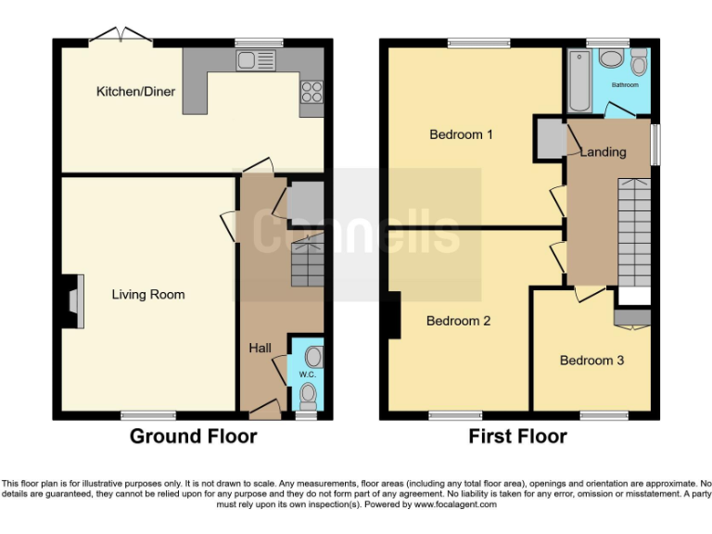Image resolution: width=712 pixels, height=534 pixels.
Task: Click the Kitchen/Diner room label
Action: pyautogui.click(x=135, y=92)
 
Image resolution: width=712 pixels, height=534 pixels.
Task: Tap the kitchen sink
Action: pyautogui.click(x=256, y=61)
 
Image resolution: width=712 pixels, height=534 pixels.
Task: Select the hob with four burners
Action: pyautogui.click(x=311, y=92)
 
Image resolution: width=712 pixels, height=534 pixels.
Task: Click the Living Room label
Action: pyautogui.click(x=148, y=295)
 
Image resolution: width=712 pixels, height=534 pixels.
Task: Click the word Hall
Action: pyautogui.click(x=260, y=348)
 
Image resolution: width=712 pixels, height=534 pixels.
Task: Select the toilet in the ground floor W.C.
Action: pyautogui.click(x=309, y=397)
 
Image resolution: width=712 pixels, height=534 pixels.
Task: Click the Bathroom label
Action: pyautogui.click(x=624, y=85)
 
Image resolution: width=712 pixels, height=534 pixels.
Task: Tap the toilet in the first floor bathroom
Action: pyautogui.click(x=639, y=64)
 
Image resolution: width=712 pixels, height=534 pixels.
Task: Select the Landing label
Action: pyautogui.click(x=603, y=152)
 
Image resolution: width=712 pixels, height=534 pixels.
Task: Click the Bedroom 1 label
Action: pyautogui.click(x=461, y=134)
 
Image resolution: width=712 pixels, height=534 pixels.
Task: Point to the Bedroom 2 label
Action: pyautogui.click(x=458, y=322)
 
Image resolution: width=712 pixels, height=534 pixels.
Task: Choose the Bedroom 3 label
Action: pyautogui.click(x=591, y=361)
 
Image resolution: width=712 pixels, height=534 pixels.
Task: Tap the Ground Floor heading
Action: pyautogui.click(x=193, y=436)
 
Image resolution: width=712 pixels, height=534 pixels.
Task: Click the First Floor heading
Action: pyautogui.click(x=518, y=436)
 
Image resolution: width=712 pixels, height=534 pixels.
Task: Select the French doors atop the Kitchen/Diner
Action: pyautogui.click(x=121, y=38)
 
